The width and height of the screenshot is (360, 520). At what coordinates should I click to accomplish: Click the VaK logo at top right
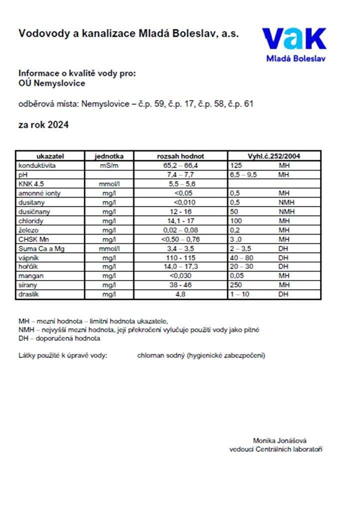coord(294,44)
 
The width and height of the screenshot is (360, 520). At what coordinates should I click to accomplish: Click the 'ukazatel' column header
coord(50,156)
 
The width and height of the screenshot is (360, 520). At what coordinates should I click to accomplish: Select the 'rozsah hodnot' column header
coord(180,156)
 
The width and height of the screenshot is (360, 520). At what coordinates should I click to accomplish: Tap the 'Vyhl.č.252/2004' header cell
coord(274,156)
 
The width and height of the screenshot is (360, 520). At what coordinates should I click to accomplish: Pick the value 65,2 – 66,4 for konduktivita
coord(180,165)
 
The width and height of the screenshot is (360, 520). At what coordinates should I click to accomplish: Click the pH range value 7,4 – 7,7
coord(180,174)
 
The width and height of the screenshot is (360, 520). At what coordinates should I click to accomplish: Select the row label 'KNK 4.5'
coord(29,183)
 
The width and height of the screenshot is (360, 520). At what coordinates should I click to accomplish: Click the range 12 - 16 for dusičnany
coord(180,211)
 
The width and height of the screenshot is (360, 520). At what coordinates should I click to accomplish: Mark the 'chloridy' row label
coord(31,220)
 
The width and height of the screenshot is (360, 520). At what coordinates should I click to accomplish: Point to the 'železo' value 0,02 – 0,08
coord(180,229)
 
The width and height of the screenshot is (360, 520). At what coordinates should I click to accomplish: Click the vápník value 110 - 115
coord(180,257)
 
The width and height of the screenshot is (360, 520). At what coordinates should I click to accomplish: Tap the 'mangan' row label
coord(30,275)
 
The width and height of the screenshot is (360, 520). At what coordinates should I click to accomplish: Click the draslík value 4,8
coord(180,294)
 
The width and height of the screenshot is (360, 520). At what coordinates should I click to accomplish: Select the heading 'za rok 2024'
coord(43,125)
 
